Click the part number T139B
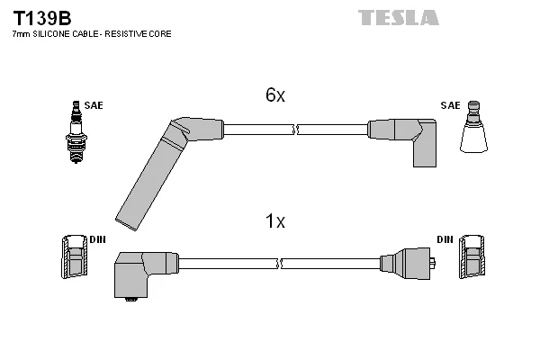(x=42, y=18)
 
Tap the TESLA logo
(x=399, y=18)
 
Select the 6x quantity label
(x=275, y=94)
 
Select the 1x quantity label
(x=275, y=220)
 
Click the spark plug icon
(x=76, y=132)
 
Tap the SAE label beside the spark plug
(x=94, y=105)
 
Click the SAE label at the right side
(x=450, y=105)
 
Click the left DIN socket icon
(x=75, y=256)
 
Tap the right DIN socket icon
(x=472, y=256)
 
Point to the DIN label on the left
(x=97, y=239)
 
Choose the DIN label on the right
(x=445, y=239)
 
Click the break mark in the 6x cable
(x=295, y=130)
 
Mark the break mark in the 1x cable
(x=279, y=264)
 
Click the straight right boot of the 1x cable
(x=407, y=264)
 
